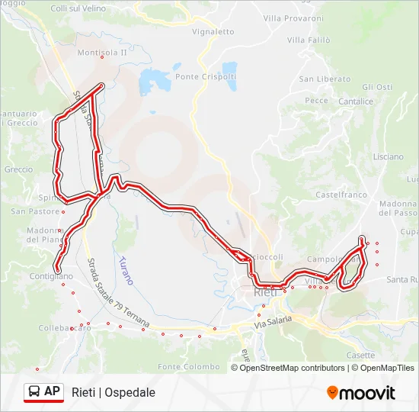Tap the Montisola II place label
(x=102, y=53)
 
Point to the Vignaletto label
(x=213, y=32)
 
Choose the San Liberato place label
(x=325, y=79)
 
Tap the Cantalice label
(x=356, y=101)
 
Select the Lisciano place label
(x=389, y=156)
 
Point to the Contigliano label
(x=52, y=276)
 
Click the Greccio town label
(x=18, y=169)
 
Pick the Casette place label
(x=360, y=355)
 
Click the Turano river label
(x=126, y=270)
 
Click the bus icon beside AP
(x=34, y=391)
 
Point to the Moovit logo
(x=361, y=393)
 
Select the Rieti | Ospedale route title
(x=114, y=392)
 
